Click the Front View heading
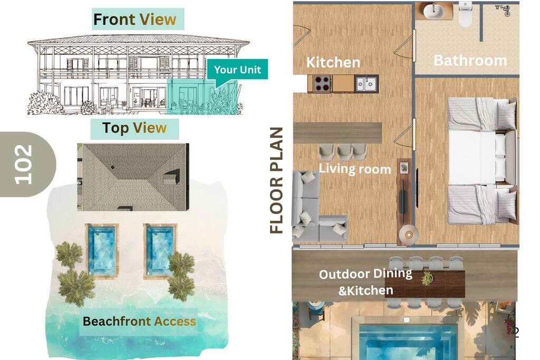point(134,20)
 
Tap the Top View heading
point(134,128)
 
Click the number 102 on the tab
point(23,164)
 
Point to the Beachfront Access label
point(139,322)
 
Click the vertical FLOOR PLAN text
point(276,181)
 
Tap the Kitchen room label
point(333,62)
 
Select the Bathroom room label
point(470,61)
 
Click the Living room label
point(355,169)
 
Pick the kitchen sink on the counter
point(367,84)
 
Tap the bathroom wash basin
point(433,12)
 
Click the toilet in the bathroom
point(465,14)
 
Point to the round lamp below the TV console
point(409,235)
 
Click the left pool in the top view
point(102,250)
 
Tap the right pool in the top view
point(160,250)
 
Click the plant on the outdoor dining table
point(427,278)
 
